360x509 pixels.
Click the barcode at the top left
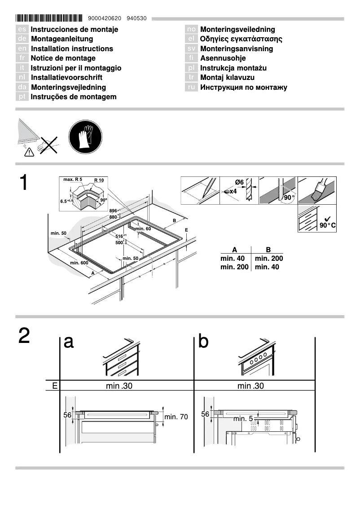pos(49,18)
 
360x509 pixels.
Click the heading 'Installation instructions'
pos(72,48)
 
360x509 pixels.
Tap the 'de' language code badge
pos(22,39)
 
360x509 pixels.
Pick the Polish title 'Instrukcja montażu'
pos(233,68)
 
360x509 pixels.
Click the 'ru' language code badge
pos(192,87)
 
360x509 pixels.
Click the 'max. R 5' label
pos(72,180)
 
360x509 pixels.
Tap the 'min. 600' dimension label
pos(79,263)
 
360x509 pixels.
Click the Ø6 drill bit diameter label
pos(239,182)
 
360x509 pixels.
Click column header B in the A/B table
pos(268,250)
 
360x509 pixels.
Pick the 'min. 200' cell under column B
pos(269,259)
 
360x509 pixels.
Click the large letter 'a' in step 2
pos(69,342)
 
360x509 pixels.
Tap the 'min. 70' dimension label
pos(176,417)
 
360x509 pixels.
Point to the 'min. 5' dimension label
pos(243,419)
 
